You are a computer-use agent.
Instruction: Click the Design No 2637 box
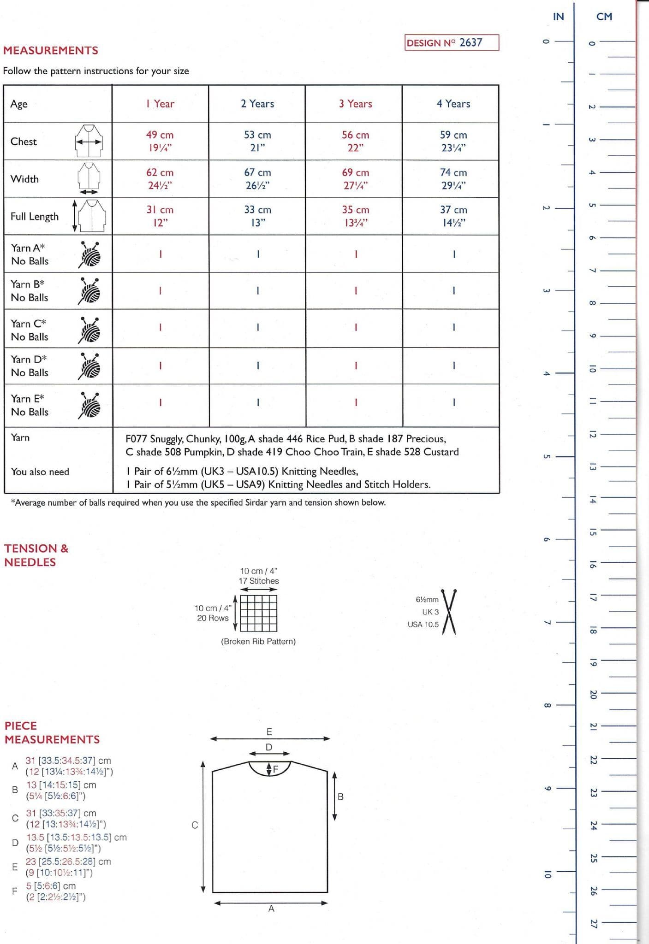point(452,42)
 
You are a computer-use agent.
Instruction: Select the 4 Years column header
point(453,104)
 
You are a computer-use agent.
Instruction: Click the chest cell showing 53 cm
point(257,141)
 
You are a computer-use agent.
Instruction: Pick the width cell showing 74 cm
point(453,178)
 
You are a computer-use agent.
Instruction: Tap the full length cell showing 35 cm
point(355,216)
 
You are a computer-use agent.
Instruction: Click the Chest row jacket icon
point(89,141)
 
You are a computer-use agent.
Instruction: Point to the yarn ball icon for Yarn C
point(89,330)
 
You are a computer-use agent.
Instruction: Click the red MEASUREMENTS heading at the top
point(51,50)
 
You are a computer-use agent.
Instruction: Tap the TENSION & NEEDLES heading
point(36,555)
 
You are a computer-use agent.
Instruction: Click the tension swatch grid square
point(259,613)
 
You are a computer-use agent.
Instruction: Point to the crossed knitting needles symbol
point(449,612)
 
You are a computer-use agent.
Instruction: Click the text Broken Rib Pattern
point(258,641)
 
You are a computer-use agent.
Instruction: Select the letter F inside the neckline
point(276,769)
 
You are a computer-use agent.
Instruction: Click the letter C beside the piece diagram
point(195,825)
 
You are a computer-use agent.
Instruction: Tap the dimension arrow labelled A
point(271,903)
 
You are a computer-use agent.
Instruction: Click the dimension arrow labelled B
point(335,796)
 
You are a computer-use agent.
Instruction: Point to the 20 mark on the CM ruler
point(593,694)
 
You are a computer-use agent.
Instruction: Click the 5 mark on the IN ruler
point(546,456)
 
